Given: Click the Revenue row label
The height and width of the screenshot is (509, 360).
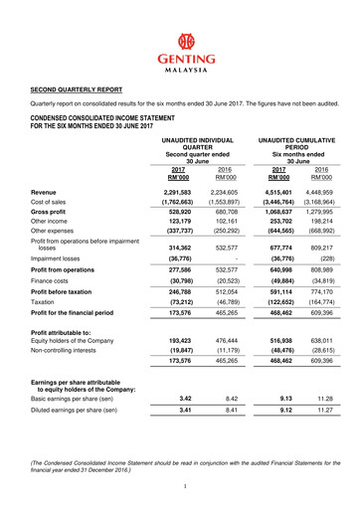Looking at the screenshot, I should (x=43, y=191).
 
